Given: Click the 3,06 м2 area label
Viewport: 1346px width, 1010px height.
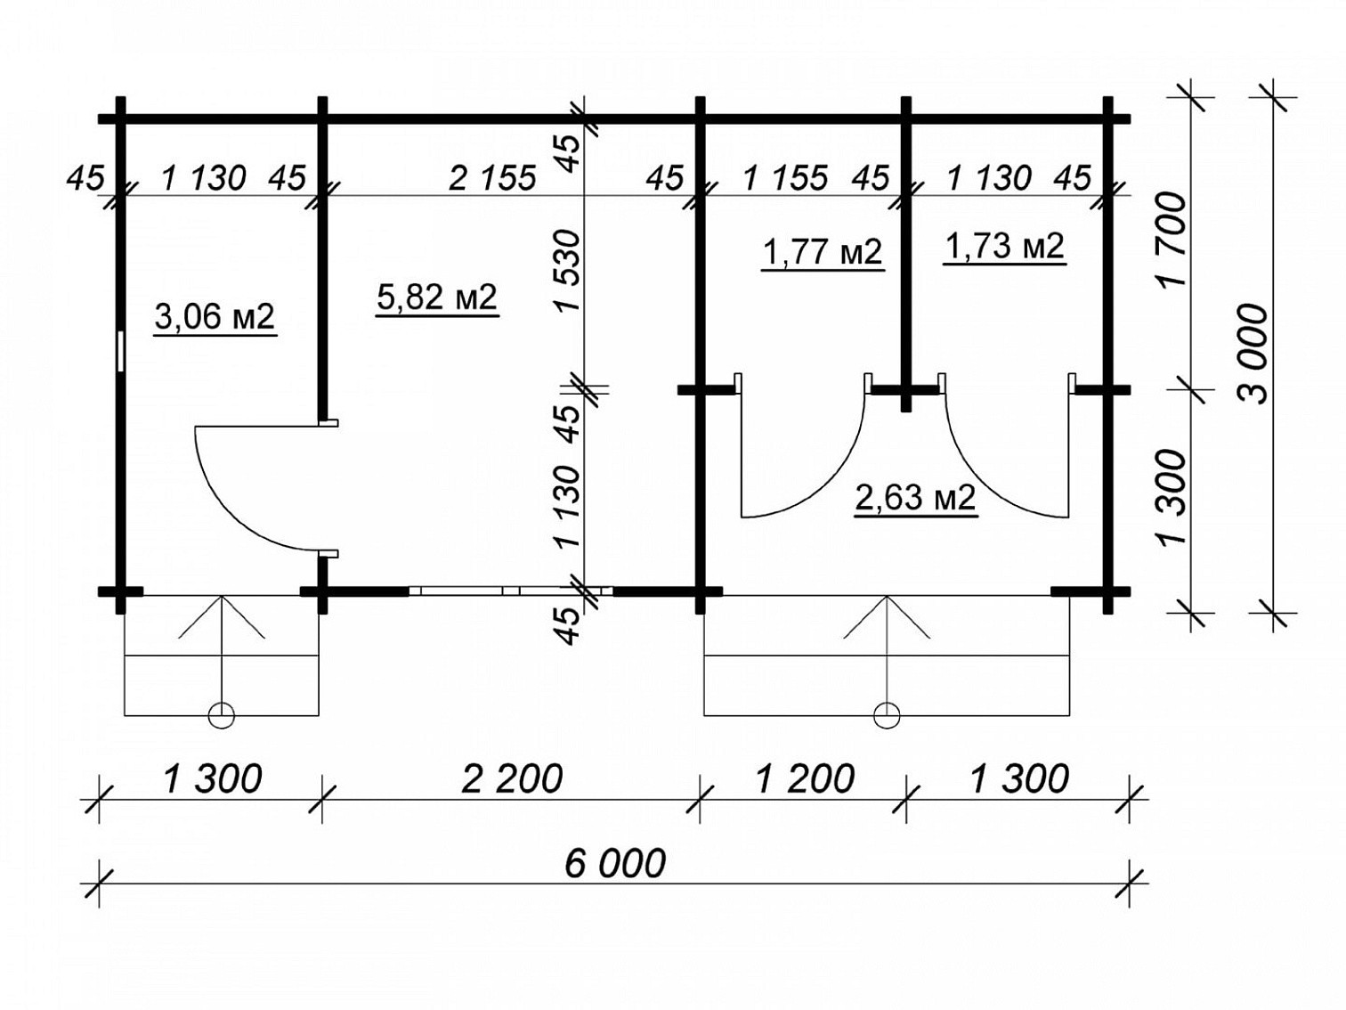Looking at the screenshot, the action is point(215,317).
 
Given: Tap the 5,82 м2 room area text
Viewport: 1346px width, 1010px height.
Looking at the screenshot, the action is point(436,298).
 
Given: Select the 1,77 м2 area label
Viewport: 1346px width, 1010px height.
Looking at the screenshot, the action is point(822,251).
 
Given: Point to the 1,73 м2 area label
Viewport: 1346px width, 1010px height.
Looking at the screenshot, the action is point(1004,247).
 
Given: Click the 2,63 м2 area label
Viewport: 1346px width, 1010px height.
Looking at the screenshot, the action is point(915,498).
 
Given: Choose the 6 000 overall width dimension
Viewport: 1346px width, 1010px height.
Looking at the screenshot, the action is point(614,863).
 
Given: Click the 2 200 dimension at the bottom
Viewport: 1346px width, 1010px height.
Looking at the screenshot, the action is point(511,778).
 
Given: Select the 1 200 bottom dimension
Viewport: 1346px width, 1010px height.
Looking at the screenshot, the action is point(805,778).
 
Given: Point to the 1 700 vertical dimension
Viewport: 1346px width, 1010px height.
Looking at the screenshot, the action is point(1169,240).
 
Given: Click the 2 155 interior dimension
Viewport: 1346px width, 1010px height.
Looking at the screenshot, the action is point(492,178).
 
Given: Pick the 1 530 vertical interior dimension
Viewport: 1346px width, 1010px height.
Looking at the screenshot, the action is point(568,270).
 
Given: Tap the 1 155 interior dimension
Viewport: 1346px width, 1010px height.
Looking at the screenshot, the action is point(785,178).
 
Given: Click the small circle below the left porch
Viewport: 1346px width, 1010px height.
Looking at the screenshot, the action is point(222,715).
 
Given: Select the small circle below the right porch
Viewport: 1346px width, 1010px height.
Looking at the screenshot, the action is point(887,715).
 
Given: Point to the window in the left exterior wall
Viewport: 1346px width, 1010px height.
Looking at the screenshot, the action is point(121,352).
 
